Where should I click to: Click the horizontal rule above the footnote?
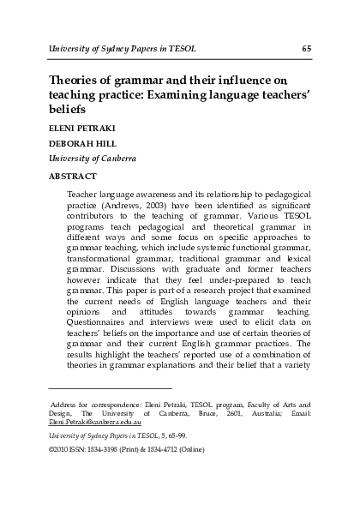[x=111, y=388]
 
